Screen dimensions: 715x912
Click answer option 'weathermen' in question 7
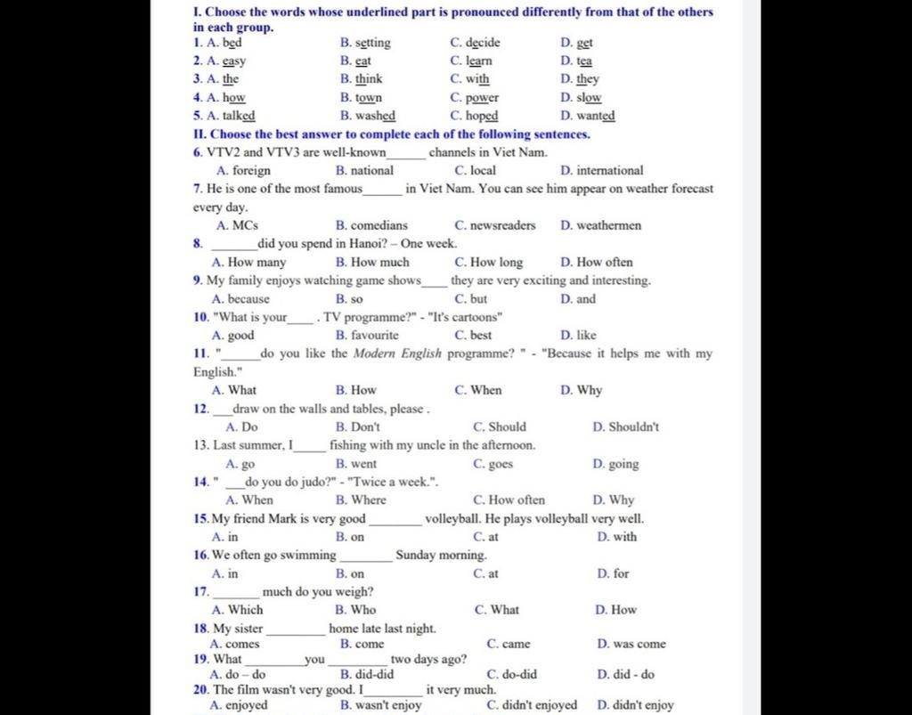coord(608,225)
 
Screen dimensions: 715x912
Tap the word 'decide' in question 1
coord(482,43)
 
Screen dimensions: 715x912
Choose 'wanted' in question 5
coord(595,116)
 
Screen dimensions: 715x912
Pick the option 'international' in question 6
coord(609,170)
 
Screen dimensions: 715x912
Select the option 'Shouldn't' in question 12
coord(633,427)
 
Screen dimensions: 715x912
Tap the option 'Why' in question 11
coord(589,390)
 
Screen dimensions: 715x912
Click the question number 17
coord(200,591)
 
